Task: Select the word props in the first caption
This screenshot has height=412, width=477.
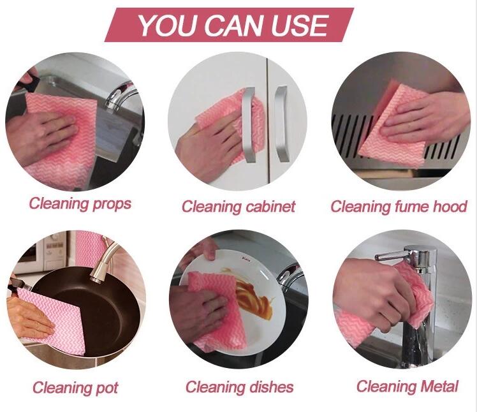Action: [112, 204]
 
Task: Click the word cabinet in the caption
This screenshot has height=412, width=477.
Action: [270, 207]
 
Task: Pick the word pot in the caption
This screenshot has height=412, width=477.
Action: [107, 388]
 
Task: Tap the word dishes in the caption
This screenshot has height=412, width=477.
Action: [271, 387]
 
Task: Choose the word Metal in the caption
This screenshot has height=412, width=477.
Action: [439, 386]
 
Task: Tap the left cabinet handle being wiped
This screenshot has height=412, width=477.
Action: [249, 125]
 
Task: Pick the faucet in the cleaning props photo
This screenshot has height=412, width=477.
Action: [120, 96]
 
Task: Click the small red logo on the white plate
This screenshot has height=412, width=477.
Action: [246, 259]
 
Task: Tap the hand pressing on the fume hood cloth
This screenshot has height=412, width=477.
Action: [426, 117]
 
